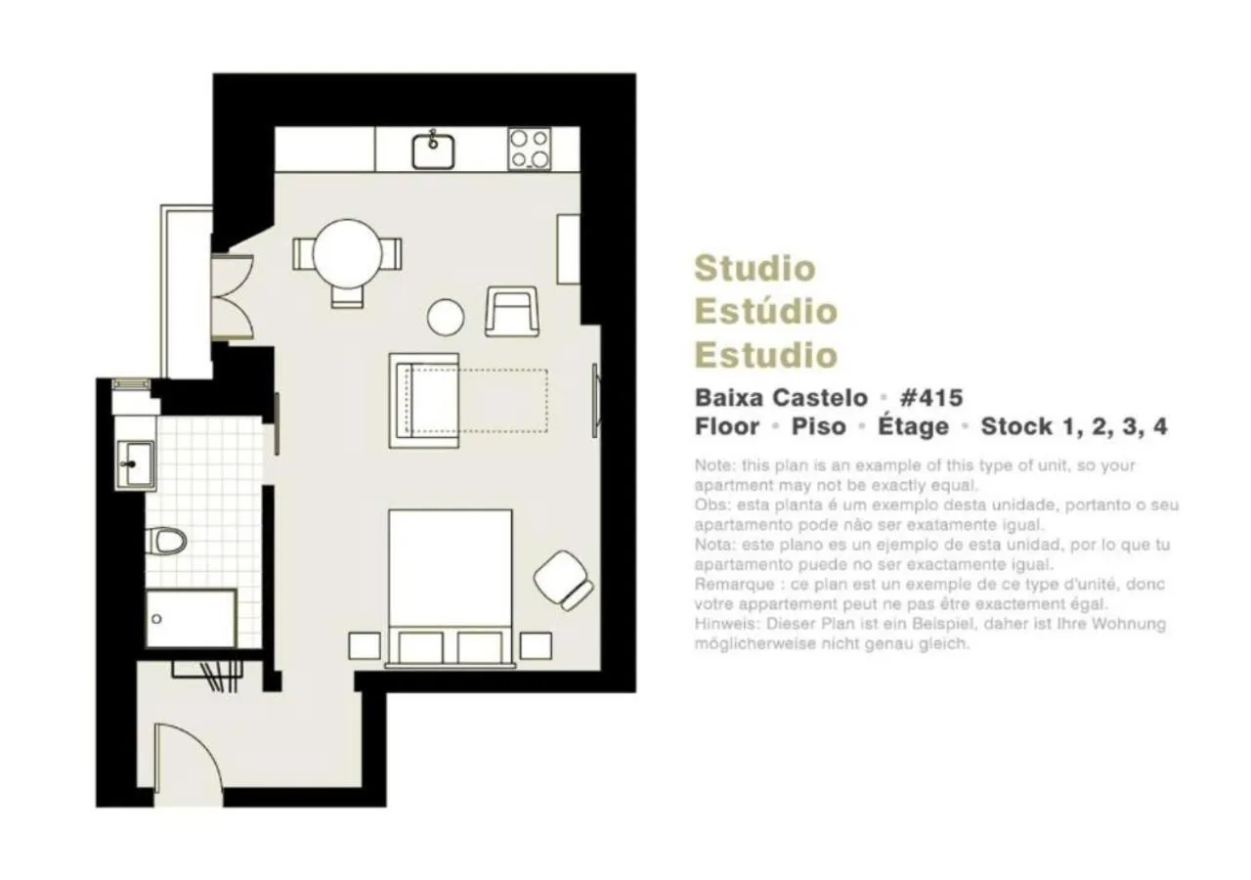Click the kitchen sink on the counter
pos(433,151)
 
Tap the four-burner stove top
pos(529,150)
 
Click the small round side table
pos(446,316)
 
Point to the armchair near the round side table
pos(511,311)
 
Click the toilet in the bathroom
pos(165,539)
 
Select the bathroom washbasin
pos(134,462)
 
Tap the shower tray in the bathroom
pos(191,618)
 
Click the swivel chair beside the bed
pos(563,580)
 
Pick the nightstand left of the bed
pos(364,645)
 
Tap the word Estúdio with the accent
pos(765,311)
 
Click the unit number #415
pos(930,398)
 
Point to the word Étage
pos(913,426)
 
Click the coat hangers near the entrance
pos(206,675)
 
